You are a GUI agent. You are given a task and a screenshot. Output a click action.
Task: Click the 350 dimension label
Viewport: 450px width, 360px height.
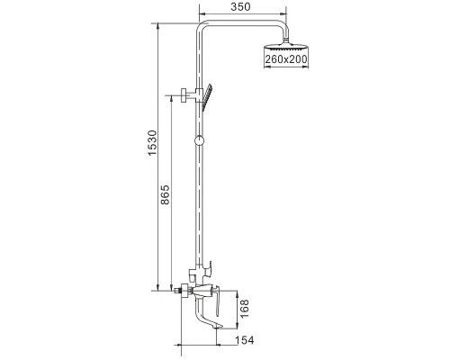240,6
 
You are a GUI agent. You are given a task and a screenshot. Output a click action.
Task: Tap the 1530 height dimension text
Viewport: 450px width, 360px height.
152,142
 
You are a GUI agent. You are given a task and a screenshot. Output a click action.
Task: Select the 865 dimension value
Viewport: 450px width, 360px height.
165,194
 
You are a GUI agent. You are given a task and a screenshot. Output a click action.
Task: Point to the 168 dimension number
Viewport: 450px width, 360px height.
245,309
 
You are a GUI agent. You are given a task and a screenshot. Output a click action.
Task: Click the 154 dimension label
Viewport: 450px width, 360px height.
244,340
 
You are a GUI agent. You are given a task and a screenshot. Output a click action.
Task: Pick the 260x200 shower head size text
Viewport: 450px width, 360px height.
286,59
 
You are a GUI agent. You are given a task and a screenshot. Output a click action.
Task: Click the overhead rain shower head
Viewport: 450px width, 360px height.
286,49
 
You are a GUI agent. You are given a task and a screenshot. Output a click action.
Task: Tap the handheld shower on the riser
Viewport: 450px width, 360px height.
207,97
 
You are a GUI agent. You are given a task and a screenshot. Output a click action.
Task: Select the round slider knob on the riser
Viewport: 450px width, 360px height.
199,140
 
